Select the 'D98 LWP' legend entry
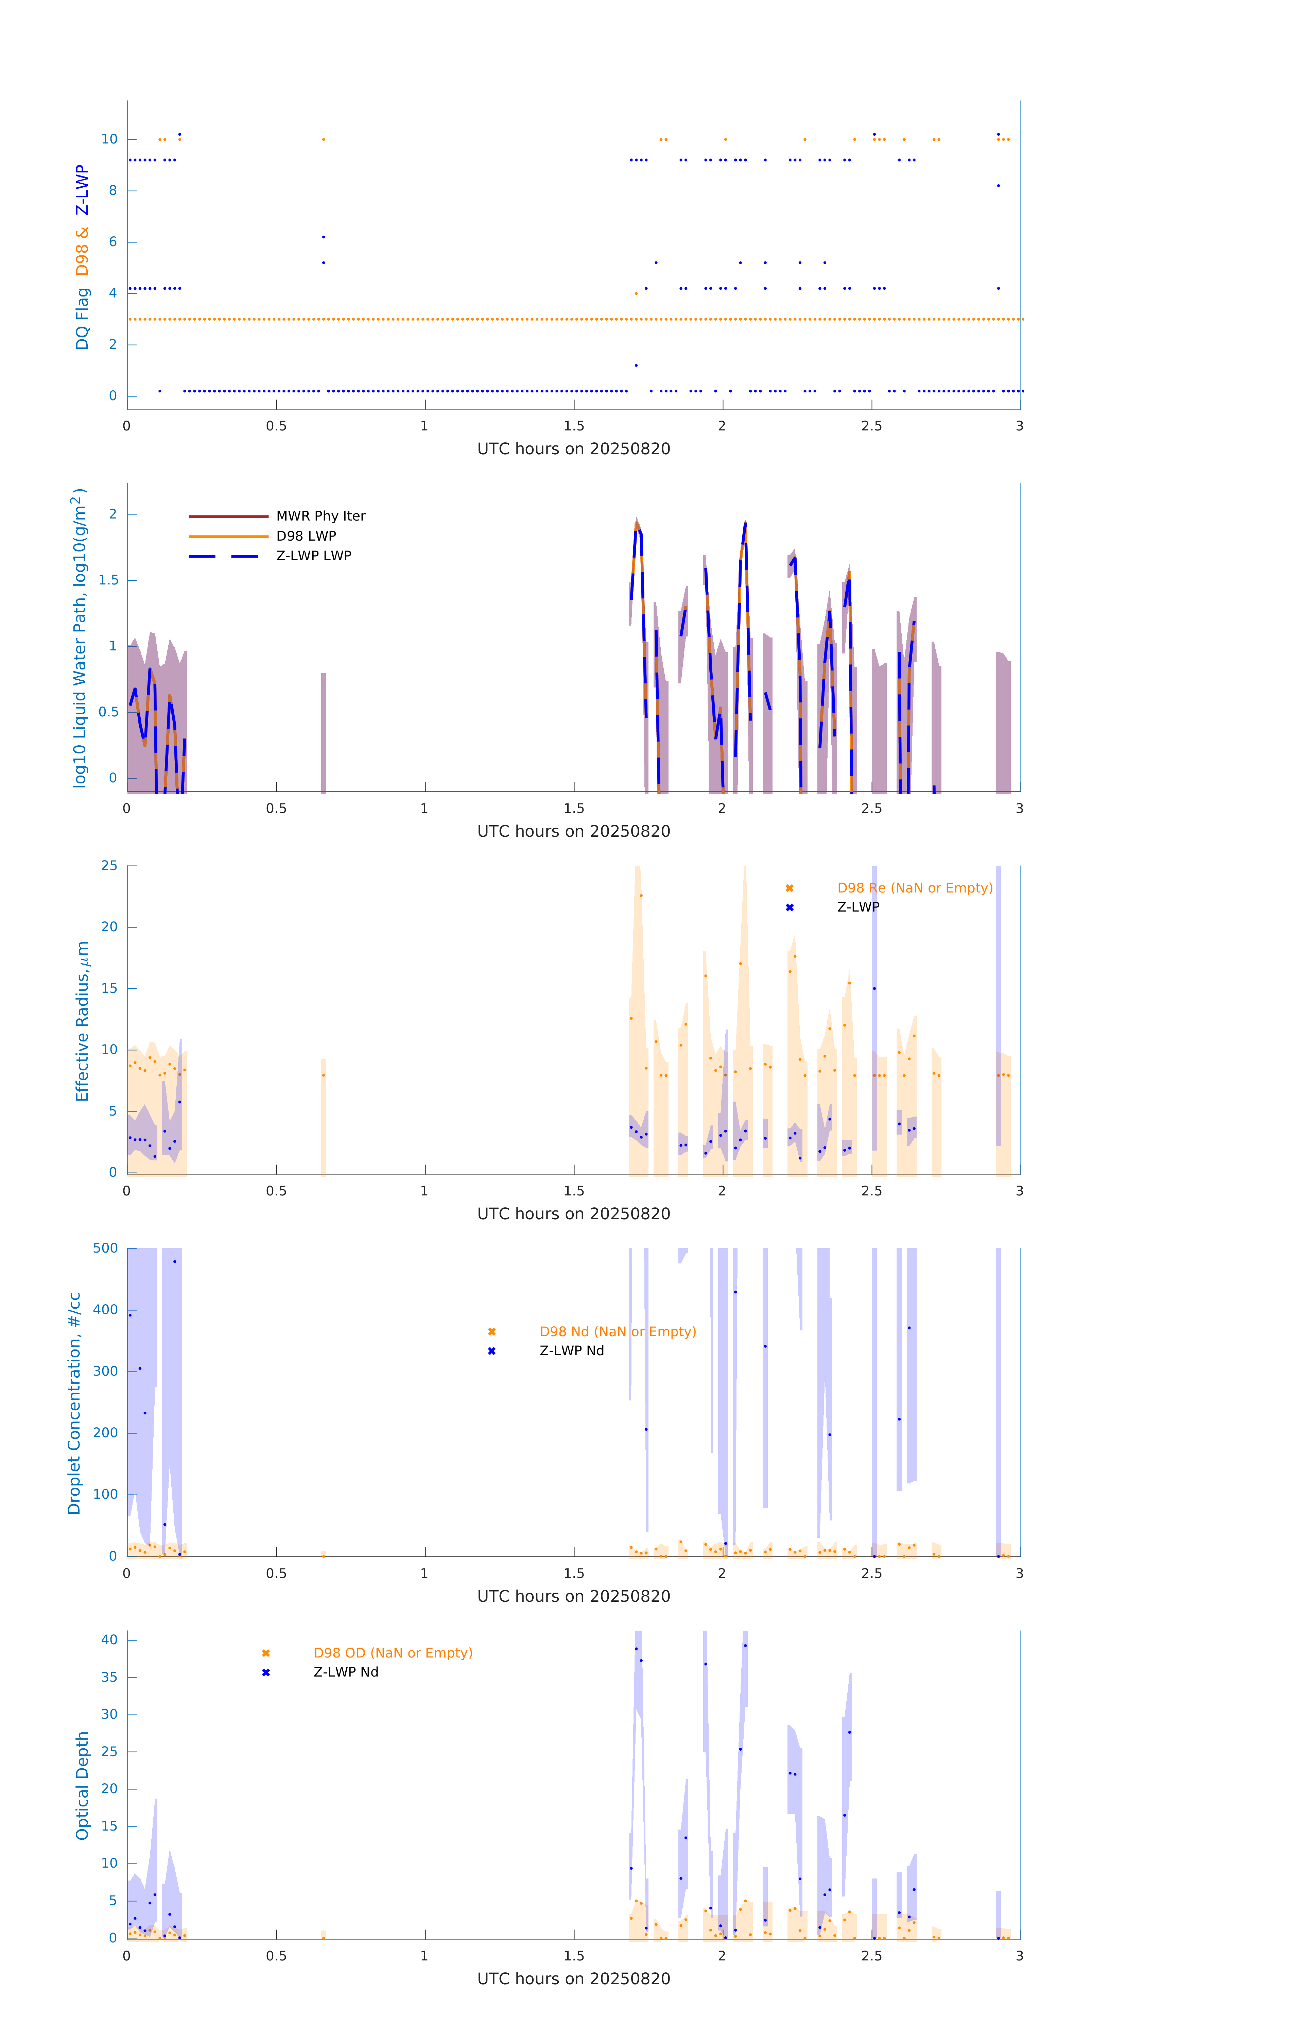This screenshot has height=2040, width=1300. coord(306,536)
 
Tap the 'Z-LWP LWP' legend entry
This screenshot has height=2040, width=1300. coord(313,556)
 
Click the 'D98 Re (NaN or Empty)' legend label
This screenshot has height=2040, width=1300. coord(915,888)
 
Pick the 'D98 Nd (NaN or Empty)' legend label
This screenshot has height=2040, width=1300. coord(618,1332)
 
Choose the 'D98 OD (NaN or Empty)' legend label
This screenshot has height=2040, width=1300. coord(393,1653)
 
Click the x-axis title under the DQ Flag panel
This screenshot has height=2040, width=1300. coord(573,449)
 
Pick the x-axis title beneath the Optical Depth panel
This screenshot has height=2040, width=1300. coord(573,1979)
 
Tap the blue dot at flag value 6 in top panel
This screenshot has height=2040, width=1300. coord(324,237)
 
